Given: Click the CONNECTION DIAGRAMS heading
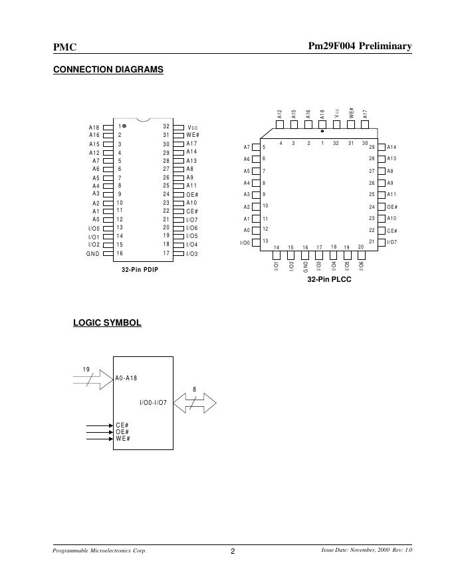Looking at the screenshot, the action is pyautogui.click(x=108, y=69).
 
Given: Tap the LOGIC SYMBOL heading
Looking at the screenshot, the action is pyautogui.click(x=106, y=322).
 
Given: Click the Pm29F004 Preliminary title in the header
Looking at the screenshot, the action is pyautogui.click(x=360, y=46).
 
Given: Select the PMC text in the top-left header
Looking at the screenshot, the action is pyautogui.click(x=64, y=47).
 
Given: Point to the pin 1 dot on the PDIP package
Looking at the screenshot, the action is pyautogui.click(x=124, y=126).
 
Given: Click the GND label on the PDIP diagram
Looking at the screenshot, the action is pyautogui.click(x=92, y=253).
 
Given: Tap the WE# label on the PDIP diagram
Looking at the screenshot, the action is pyautogui.click(x=193, y=135).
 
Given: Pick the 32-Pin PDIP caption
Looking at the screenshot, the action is pyautogui.click(x=140, y=270).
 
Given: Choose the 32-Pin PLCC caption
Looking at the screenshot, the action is pyautogui.click(x=329, y=280).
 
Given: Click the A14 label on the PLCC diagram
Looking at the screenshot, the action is pyautogui.click(x=392, y=147).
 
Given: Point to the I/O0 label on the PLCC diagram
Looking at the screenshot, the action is pyautogui.click(x=245, y=243).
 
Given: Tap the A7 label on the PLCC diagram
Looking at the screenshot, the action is pyautogui.click(x=247, y=147).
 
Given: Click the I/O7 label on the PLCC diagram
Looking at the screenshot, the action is pyautogui.click(x=392, y=243).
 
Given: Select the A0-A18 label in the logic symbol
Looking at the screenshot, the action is pyautogui.click(x=126, y=378).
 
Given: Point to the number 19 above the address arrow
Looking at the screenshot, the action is pyautogui.click(x=86, y=369).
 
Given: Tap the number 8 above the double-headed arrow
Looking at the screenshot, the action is pyautogui.click(x=194, y=390).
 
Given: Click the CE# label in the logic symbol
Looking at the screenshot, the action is pyautogui.click(x=122, y=425).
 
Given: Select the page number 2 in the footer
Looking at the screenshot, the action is pyautogui.click(x=233, y=551).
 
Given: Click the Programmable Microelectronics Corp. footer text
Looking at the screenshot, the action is pyautogui.click(x=99, y=551).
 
